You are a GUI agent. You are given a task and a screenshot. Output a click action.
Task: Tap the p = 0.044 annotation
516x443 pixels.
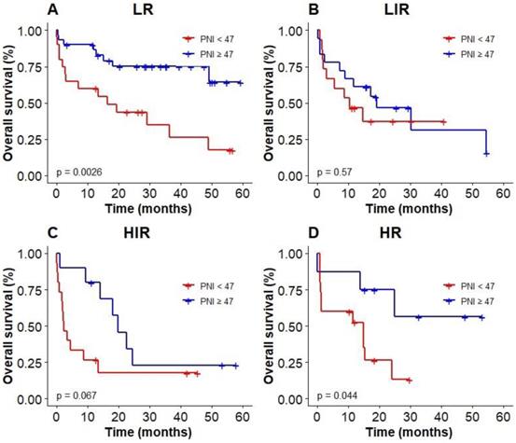(x=333, y=395)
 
